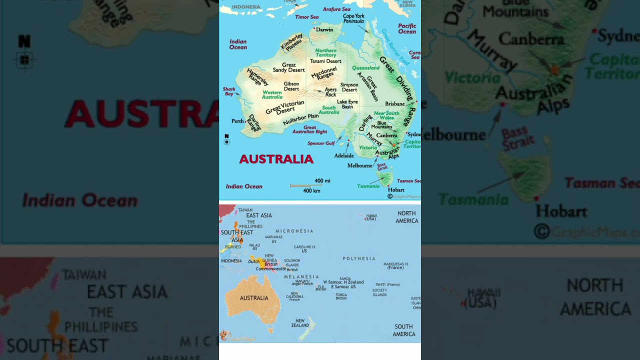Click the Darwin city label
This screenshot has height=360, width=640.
click(x=325, y=29)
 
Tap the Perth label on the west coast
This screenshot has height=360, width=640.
click(x=237, y=121)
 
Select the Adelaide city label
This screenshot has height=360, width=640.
click(x=344, y=155)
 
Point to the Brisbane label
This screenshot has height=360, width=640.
click(x=394, y=104)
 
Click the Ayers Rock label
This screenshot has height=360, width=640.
click(x=330, y=92)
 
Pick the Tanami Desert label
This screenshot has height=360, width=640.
click(x=325, y=61)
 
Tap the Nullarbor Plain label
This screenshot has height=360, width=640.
click(x=300, y=119)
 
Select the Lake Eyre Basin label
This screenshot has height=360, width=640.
click(x=347, y=104)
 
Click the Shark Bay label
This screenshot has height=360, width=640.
click(x=229, y=91)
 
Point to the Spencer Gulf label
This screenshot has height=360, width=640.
click(x=321, y=143)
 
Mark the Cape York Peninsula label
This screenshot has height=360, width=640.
click(x=353, y=18)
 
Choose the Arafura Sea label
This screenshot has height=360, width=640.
click(x=336, y=9)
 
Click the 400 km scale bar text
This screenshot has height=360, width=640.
click(x=311, y=190)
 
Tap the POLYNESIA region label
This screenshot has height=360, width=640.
click(x=358, y=258)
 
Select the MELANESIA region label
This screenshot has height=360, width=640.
click(x=301, y=276)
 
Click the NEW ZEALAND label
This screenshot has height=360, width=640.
click(x=300, y=323)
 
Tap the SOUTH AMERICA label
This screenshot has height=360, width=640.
click(x=403, y=330)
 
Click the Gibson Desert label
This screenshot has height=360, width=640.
click(x=291, y=86)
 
